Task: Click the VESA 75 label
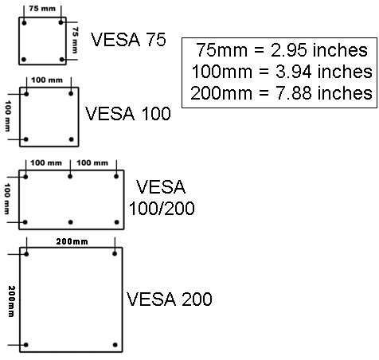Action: (x=128, y=40)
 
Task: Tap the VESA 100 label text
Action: (x=128, y=114)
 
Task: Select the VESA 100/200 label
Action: (x=162, y=198)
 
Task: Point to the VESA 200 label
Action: (x=169, y=299)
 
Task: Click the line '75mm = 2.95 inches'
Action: (x=282, y=50)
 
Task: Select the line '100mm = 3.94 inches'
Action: (x=282, y=72)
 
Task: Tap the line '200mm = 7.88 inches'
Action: (x=281, y=93)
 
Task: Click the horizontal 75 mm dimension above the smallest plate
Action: (x=42, y=9)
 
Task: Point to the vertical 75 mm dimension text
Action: (x=75, y=40)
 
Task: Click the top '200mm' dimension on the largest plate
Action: (x=72, y=241)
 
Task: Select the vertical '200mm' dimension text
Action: (x=11, y=301)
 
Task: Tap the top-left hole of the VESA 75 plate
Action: (x=24, y=23)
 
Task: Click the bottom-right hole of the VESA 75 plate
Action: (x=62, y=60)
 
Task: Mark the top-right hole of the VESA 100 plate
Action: (x=71, y=93)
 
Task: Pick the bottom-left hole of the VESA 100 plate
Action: (x=25, y=139)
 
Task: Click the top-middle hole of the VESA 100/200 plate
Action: (x=70, y=176)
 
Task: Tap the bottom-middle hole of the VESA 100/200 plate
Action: (x=70, y=222)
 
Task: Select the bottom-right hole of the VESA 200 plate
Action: (x=115, y=345)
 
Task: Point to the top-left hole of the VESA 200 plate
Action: (x=26, y=254)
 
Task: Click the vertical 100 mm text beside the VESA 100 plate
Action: (x=8, y=115)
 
